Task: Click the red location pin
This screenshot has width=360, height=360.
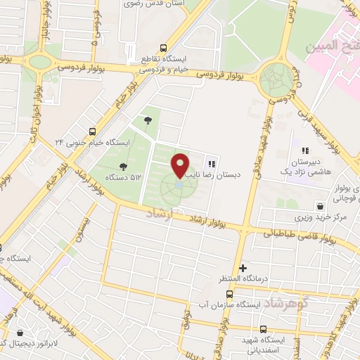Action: click(x=181, y=165)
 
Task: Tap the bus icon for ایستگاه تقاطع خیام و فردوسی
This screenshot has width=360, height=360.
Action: click(x=164, y=48)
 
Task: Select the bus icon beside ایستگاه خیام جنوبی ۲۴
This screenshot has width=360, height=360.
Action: click(x=93, y=131)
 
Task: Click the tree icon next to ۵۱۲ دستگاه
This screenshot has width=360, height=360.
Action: click(x=124, y=166)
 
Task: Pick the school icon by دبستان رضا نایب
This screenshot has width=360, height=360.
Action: click(x=210, y=164)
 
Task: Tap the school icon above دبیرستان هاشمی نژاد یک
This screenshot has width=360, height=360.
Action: click(x=305, y=150)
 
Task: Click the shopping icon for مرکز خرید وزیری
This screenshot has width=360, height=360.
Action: click(x=321, y=207)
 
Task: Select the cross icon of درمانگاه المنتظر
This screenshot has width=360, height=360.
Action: click(x=243, y=267)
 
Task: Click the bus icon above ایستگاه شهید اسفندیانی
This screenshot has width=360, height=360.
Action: click(x=263, y=328)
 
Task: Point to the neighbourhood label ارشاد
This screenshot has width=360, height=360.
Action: click(x=160, y=214)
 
